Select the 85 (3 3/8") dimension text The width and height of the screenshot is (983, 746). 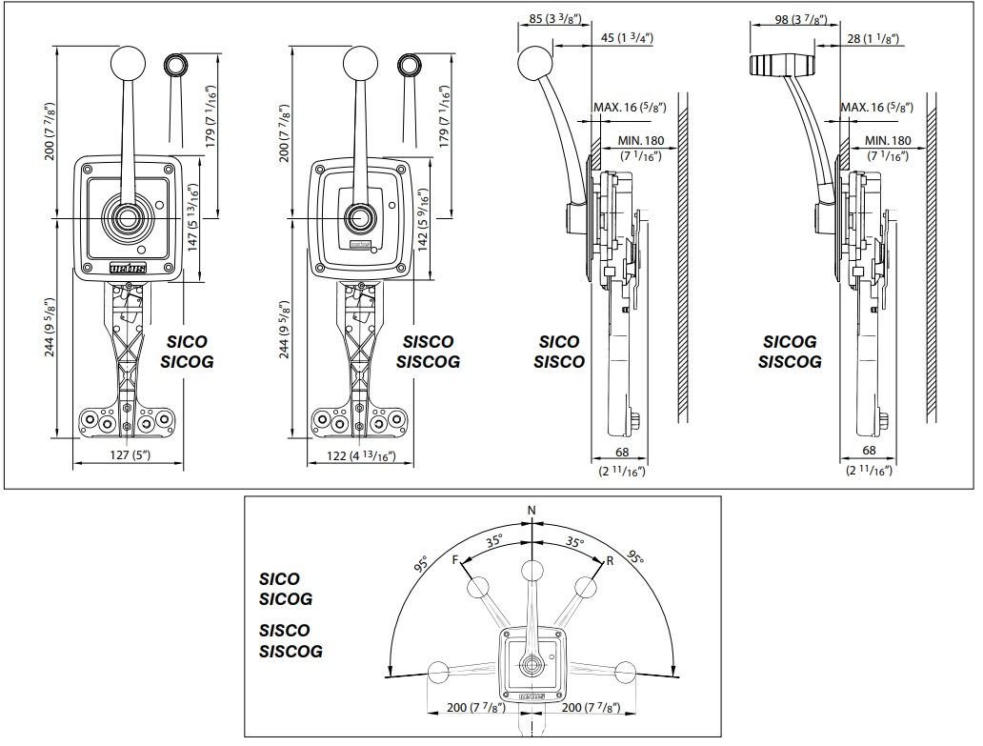551,17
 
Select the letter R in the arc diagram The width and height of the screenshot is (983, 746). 609,561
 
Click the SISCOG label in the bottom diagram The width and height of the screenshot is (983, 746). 291,652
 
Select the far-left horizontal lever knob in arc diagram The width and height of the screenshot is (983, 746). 439,672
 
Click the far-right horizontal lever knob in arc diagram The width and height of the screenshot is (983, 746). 624,672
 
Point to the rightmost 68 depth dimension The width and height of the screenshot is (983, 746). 868,450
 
